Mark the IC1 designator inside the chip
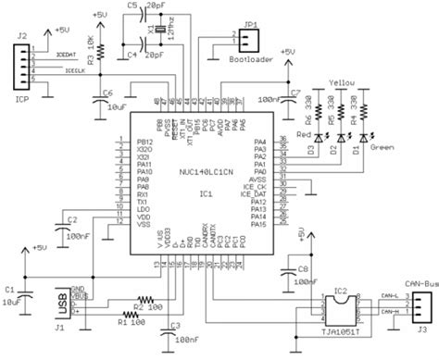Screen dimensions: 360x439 coord(205,195)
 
